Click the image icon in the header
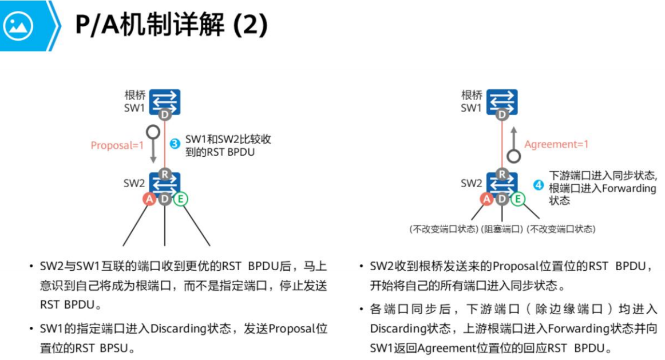tap(18, 25)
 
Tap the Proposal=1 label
tap(117, 145)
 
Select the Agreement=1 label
tap(556, 144)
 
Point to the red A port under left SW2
tap(150, 199)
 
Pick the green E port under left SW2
tap(181, 199)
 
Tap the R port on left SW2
tap(165, 174)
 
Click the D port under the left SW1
tap(165, 115)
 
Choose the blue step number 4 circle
tap(538, 185)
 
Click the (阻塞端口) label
tap(502, 229)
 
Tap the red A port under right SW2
tap(487, 199)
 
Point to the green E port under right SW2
tap(518, 199)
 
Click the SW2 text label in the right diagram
tap(471, 184)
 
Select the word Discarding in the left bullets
tap(179, 329)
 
